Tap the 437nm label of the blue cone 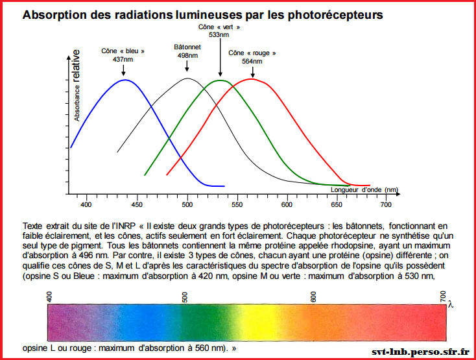(123, 59)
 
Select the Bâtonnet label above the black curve (187, 47)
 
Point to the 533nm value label (219, 34)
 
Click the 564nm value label (252, 61)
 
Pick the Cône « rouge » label (252, 53)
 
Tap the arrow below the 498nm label (187, 66)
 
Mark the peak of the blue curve (125, 80)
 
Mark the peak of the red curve (252, 79)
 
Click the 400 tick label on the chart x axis (86, 204)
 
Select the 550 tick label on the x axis (237, 204)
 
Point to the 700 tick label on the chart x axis (387, 204)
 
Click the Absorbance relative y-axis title (77, 85)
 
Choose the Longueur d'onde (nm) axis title (364, 189)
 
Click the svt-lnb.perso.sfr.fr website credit (420, 351)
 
